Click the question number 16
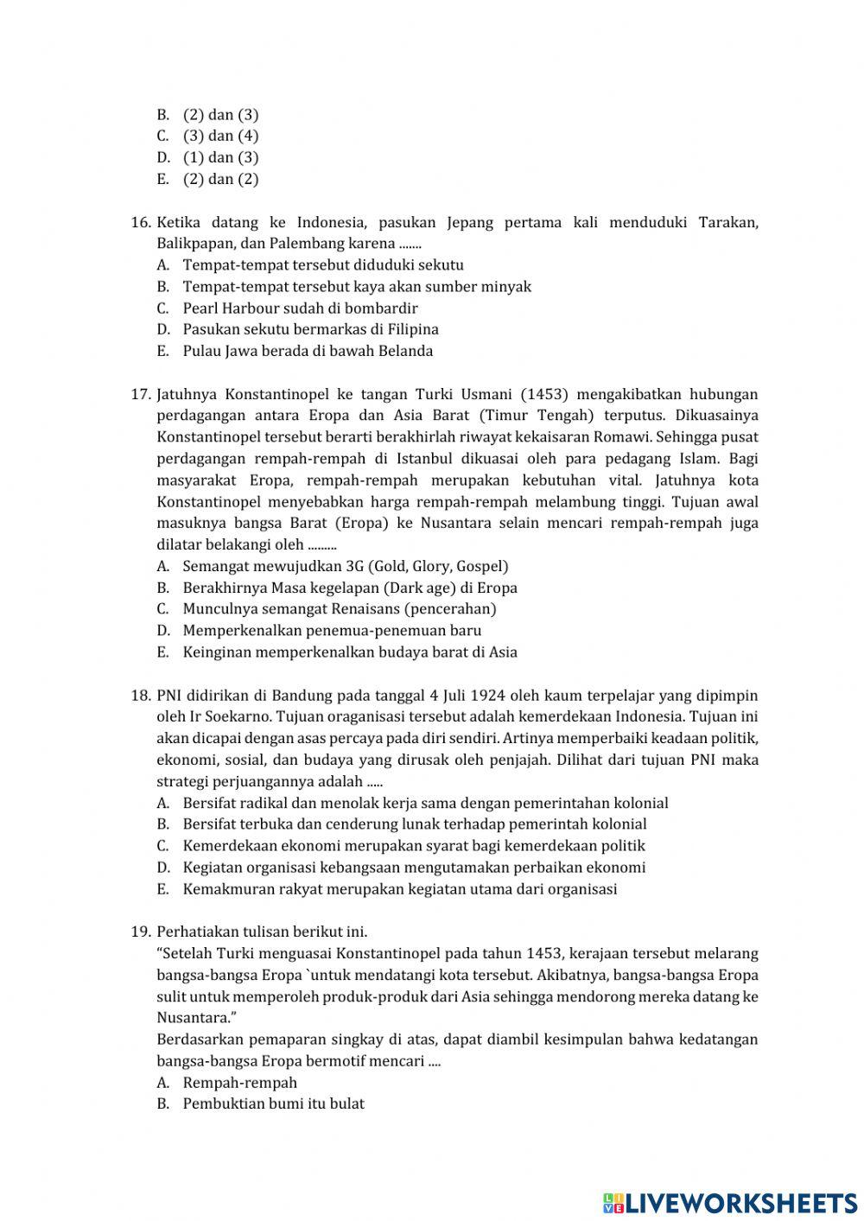(x=141, y=223)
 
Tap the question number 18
(x=141, y=696)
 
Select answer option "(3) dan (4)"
(x=220, y=136)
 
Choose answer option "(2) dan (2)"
(x=220, y=179)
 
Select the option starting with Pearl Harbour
(x=300, y=308)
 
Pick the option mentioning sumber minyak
(x=356, y=287)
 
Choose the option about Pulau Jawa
(x=308, y=351)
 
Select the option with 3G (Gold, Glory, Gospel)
(x=346, y=566)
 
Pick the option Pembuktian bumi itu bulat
(x=273, y=1103)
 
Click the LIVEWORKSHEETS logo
(x=730, y=1201)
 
